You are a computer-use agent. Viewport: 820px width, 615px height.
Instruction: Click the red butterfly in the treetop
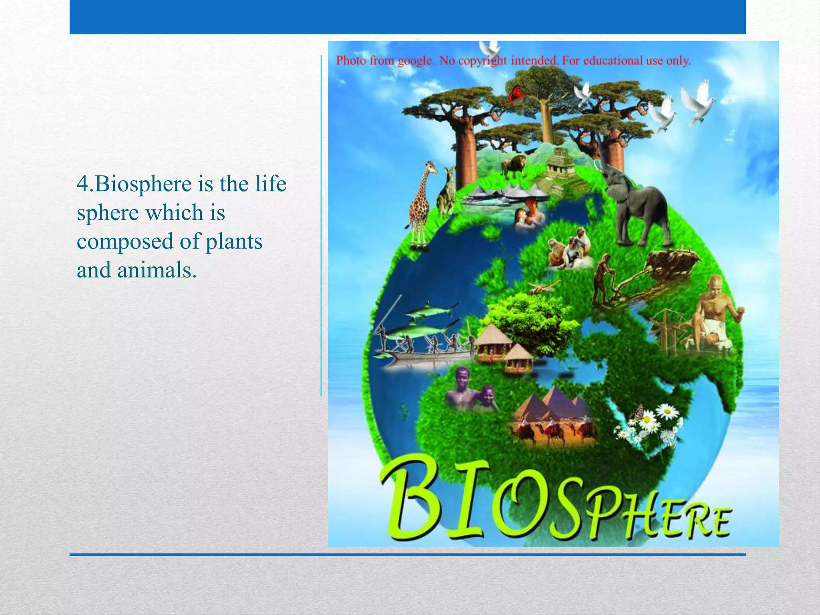[516, 94]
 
